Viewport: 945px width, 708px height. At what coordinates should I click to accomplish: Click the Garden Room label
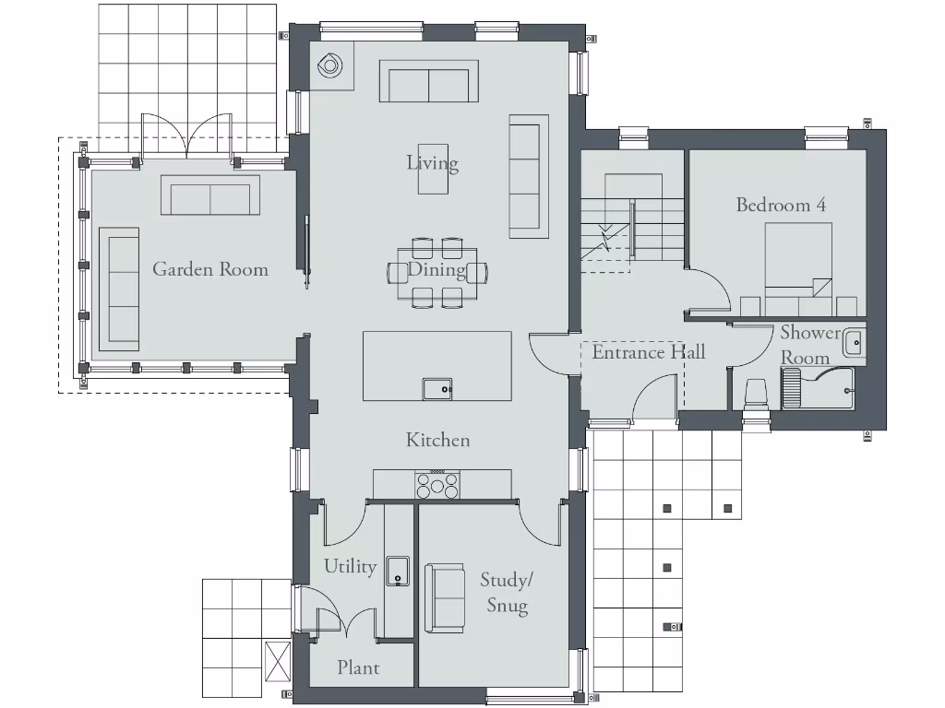pyautogui.click(x=210, y=269)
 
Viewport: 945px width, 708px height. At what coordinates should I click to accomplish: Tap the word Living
pyautogui.click(x=432, y=163)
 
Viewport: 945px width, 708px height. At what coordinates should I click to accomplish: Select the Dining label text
pyautogui.click(x=437, y=270)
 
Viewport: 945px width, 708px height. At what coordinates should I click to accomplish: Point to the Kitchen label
pyautogui.click(x=437, y=440)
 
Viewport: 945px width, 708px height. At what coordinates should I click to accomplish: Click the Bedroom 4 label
pyautogui.click(x=780, y=205)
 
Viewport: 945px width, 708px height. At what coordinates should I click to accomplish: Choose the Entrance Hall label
pyautogui.click(x=648, y=352)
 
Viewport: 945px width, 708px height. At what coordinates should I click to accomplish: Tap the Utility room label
pyautogui.click(x=350, y=565)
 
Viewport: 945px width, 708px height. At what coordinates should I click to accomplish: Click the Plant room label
pyautogui.click(x=357, y=667)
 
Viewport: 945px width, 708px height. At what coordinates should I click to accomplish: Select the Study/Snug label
pyautogui.click(x=507, y=592)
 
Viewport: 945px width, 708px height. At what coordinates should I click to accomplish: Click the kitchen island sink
pyautogui.click(x=438, y=389)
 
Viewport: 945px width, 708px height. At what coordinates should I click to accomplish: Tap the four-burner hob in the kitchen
pyautogui.click(x=438, y=484)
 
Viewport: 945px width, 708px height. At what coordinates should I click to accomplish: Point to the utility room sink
pyautogui.click(x=398, y=570)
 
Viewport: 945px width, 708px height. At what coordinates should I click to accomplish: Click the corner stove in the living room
pyautogui.click(x=330, y=65)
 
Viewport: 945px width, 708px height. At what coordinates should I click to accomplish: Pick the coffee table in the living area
pyautogui.click(x=433, y=169)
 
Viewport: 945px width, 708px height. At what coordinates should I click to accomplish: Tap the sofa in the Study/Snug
pyautogui.click(x=445, y=598)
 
